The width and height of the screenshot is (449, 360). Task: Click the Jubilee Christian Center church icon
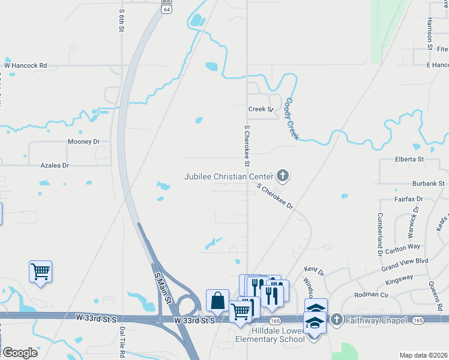pos(283,176)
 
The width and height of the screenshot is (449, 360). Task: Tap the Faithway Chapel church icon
pos(336,320)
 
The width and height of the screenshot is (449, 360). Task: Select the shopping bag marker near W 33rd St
pos(217,301)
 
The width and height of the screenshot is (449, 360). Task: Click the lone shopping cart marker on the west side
pos(40,272)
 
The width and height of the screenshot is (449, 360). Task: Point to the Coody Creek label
pos(292,119)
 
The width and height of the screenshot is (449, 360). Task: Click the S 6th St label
pos(121,20)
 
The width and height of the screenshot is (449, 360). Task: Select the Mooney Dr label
pos(83,142)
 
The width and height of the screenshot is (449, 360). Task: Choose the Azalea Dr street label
pos(55,165)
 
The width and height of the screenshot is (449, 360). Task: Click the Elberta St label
pos(409,160)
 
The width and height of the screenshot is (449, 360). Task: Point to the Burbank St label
pos(427,183)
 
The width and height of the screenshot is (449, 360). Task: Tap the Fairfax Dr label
pos(409,198)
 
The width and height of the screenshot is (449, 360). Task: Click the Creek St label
pos(261,109)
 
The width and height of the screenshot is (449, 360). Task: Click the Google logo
pos(20,353)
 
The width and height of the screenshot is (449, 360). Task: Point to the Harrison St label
pos(430,32)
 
